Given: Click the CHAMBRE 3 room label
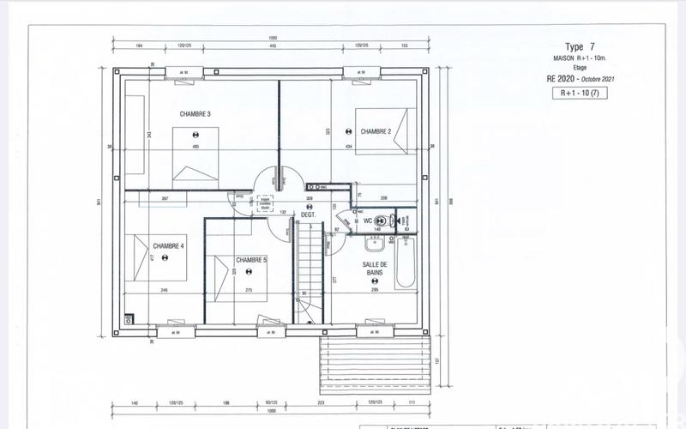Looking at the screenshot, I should coord(196,114).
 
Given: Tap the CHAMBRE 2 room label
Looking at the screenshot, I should coord(376,131).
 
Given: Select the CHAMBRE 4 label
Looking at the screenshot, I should coord(169,246).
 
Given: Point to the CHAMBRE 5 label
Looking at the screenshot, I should coord(251,260).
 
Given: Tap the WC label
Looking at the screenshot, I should coord(368,221).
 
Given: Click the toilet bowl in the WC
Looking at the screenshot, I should coord(393,221).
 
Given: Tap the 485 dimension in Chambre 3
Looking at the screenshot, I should coord(196,148).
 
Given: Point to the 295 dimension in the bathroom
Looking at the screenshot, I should coord(375,291).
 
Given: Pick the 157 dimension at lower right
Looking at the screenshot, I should coord(437,360).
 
